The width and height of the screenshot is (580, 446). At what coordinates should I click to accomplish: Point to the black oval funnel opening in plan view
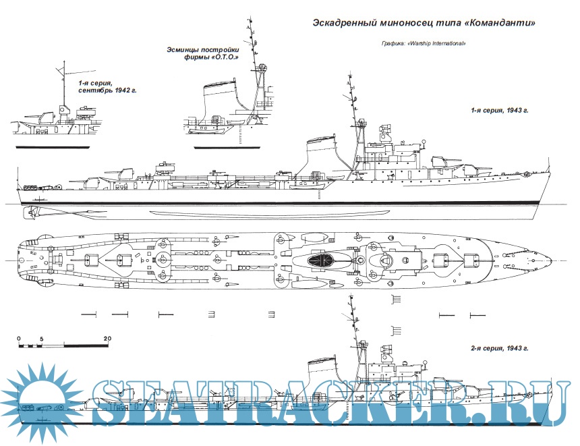(322, 260)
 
